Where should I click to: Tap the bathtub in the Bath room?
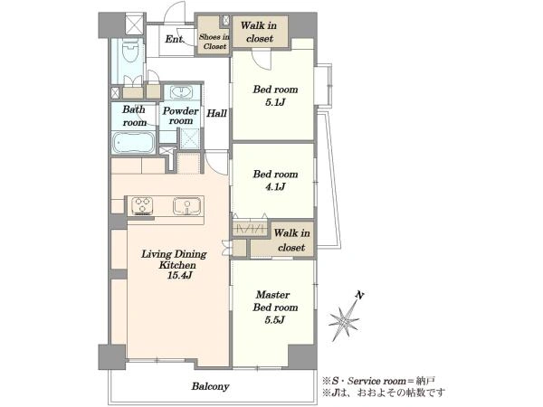[x=133, y=142]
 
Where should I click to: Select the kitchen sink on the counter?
[x=187, y=206]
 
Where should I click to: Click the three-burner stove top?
[x=142, y=206]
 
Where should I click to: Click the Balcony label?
[x=211, y=386]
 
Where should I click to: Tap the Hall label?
[x=217, y=113]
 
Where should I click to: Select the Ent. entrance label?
[x=174, y=39]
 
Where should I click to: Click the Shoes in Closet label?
[x=214, y=42]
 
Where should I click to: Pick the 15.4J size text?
[x=180, y=276]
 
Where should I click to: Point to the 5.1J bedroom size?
[x=275, y=102]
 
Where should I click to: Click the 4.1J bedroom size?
[x=275, y=187]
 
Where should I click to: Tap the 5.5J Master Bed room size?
[x=275, y=320]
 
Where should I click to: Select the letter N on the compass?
[x=360, y=295]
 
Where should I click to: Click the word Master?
[x=273, y=295]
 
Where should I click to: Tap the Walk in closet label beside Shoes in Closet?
[x=259, y=32]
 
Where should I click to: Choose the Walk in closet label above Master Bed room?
[x=291, y=241]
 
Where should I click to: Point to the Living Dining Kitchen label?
[x=174, y=260]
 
